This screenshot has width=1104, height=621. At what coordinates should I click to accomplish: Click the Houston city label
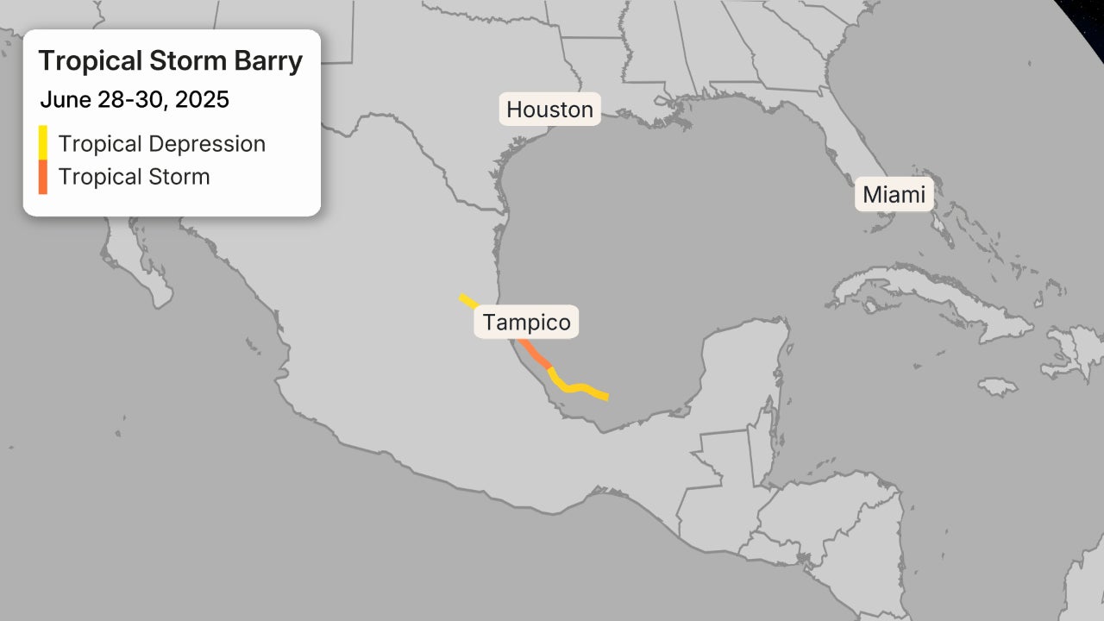(x=549, y=110)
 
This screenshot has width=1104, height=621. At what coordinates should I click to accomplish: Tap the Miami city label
(x=894, y=195)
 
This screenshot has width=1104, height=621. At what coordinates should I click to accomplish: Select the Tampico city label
(x=526, y=323)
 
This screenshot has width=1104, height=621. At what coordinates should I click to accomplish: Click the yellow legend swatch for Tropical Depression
(x=42, y=142)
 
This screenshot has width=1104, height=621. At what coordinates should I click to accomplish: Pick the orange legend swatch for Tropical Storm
(x=42, y=177)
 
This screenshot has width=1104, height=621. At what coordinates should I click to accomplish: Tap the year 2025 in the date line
(x=202, y=100)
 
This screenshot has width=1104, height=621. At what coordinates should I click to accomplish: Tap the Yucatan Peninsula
(x=742, y=362)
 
